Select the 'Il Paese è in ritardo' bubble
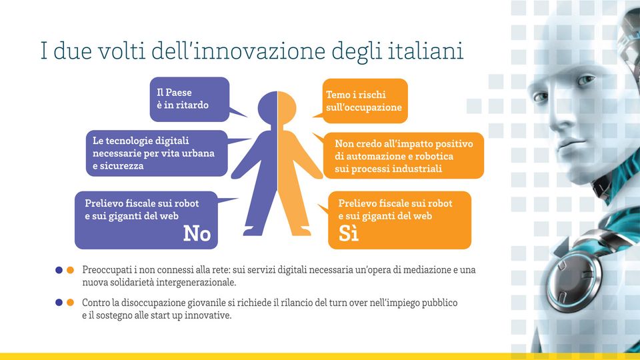click(190, 99)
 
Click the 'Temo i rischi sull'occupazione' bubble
click(365, 101)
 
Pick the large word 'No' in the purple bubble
click(197, 233)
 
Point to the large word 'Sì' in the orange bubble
click(348, 233)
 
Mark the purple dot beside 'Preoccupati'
click(59, 270)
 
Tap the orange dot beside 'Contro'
click(70, 303)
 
